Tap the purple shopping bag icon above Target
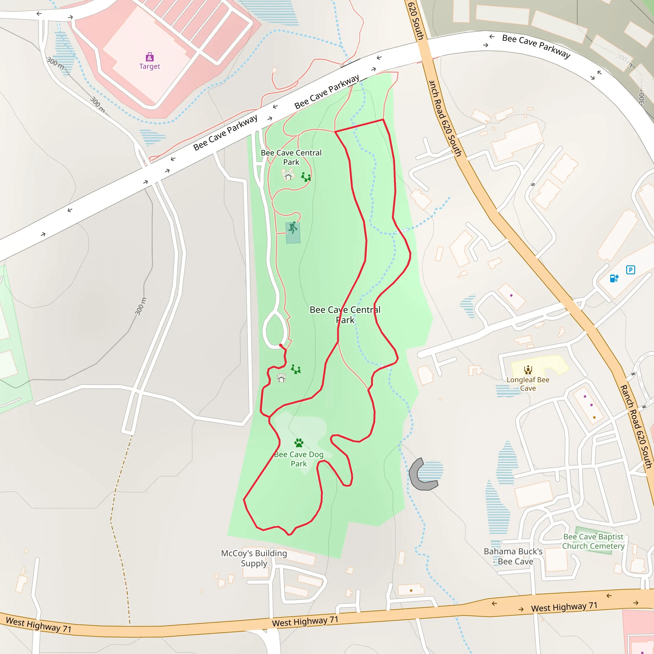[150, 57]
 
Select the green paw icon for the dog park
[299, 443]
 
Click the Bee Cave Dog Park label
[299, 459]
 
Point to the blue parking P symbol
[630, 270]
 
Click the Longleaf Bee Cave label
[528, 384]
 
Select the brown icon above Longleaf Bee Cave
[528, 370]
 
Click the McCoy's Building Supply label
[254, 558]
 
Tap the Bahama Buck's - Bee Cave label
[513, 556]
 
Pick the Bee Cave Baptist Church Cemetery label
[593, 541]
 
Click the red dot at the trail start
[281, 345]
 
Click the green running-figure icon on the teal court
[293, 228]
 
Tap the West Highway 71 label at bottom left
[39, 625]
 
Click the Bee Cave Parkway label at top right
[536, 46]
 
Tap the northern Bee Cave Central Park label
[291, 157]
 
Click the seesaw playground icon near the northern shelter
[306, 177]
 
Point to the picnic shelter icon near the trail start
[281, 377]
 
